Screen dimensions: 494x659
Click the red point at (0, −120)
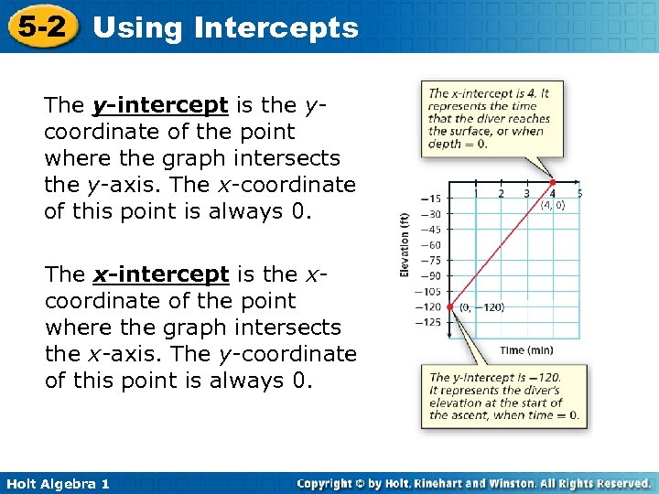pyautogui.click(x=449, y=306)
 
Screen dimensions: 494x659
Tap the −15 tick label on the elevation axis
pyautogui.click(x=430, y=199)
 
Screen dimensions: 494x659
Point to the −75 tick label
pyautogui.click(x=430, y=261)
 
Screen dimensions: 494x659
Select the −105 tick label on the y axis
pyautogui.click(x=427, y=291)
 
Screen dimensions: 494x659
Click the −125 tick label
pyautogui.click(x=427, y=321)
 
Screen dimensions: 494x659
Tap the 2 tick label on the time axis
pyautogui.click(x=501, y=193)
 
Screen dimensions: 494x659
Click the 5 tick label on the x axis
pyautogui.click(x=579, y=193)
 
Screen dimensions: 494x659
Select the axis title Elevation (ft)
pyautogui.click(x=405, y=245)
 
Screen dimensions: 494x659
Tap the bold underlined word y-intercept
pyautogui.click(x=160, y=105)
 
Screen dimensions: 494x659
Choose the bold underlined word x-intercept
pyautogui.click(x=160, y=274)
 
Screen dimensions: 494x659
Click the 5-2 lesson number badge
pyautogui.click(x=41, y=27)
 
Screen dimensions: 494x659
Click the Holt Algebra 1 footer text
pyautogui.click(x=57, y=483)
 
